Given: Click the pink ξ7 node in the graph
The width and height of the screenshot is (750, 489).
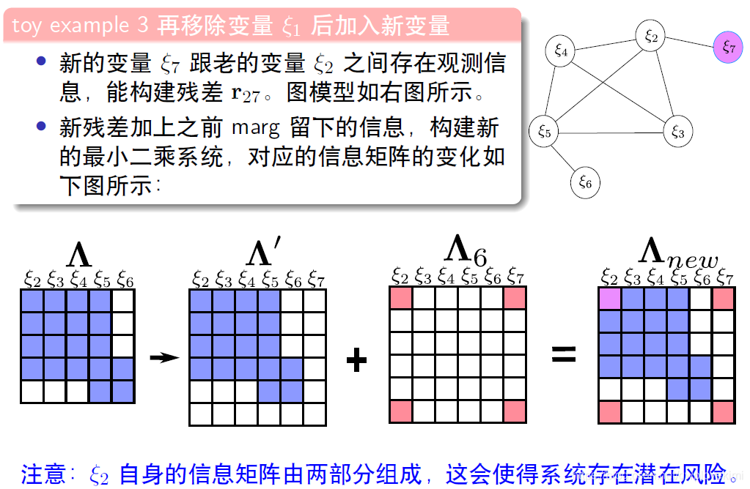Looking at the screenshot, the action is tap(728, 48).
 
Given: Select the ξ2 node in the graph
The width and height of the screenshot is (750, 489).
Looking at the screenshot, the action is tap(651, 37).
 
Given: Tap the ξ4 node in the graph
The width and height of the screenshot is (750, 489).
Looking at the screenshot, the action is tap(561, 51).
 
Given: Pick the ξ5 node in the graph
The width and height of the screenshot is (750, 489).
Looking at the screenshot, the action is tap(544, 131).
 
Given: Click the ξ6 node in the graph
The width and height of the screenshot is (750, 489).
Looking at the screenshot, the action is tap(585, 182).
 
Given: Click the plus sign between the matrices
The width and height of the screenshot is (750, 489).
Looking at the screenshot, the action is tap(356, 359).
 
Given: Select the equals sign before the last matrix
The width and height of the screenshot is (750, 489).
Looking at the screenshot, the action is tap(564, 356).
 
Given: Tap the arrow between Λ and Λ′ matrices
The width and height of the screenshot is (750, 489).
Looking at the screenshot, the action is tap(164, 357).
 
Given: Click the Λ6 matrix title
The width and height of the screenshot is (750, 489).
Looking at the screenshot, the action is tap(466, 250).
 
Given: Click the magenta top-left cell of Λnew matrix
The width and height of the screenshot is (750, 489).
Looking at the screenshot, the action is tap(609, 299).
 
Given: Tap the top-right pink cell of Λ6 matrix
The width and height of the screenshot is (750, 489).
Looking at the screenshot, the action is tap(515, 299).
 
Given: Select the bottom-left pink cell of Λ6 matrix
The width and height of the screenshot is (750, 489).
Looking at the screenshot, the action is tap(400, 412).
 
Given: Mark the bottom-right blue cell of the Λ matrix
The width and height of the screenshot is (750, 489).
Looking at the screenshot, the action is tap(123, 391).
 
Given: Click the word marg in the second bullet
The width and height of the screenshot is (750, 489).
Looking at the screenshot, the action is tap(256, 128).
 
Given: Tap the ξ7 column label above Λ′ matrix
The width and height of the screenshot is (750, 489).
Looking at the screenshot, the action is tap(316, 279).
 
